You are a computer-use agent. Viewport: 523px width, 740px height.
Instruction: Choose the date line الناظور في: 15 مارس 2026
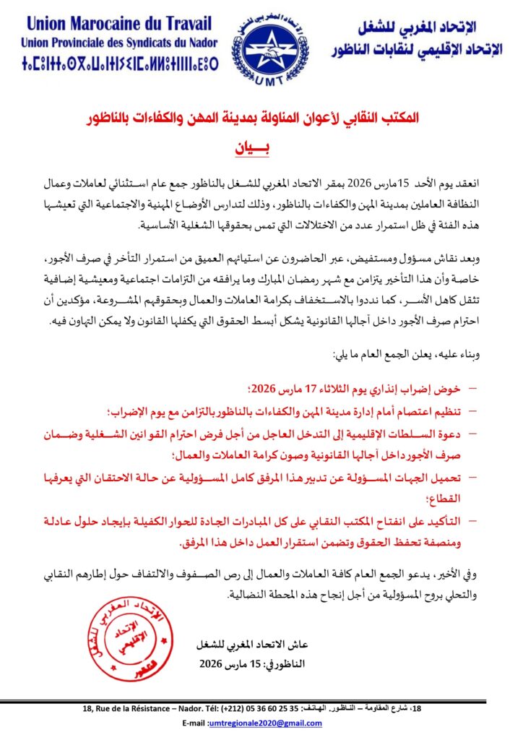point(241,663)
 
